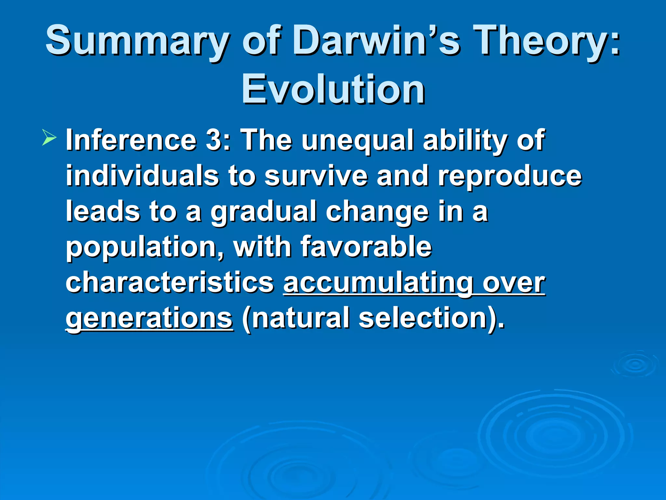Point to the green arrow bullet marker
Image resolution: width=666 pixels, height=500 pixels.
point(49,137)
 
